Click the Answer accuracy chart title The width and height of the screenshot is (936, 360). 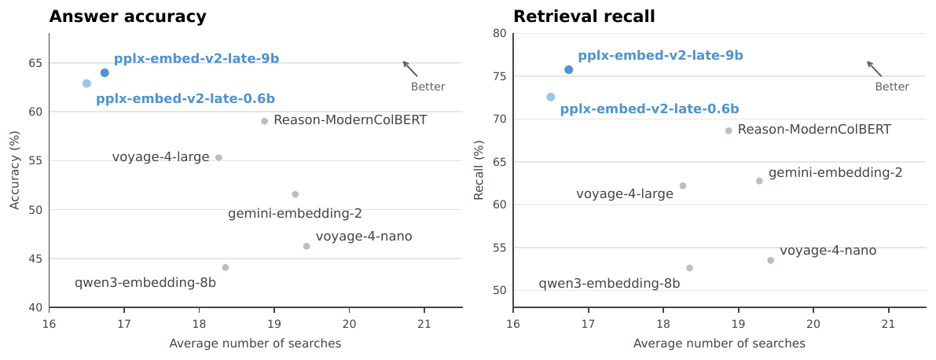pos(128,17)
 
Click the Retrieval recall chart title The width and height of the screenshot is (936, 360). pos(584,17)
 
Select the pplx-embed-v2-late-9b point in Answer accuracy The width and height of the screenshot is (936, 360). pos(105,73)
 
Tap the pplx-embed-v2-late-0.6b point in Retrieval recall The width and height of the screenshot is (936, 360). pos(550,97)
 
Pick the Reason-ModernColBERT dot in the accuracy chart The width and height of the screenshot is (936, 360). pos(264,121)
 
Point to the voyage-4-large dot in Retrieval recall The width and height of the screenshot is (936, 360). pos(683,186)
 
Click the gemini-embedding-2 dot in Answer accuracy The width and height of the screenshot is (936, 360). pos(295,194)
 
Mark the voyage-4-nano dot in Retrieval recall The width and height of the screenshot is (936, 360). pos(771,260)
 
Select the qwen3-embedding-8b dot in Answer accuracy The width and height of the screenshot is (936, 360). pos(225,267)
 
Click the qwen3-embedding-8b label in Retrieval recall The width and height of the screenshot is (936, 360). pos(610,284)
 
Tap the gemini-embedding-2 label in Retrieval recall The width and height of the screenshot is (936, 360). pos(835,173)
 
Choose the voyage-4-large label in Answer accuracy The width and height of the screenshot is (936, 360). pos(160,158)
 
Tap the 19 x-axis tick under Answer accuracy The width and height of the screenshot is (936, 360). pos(274,325)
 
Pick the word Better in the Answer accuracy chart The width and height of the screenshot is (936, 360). pos(428,87)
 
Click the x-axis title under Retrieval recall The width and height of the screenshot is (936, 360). pos(719,343)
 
